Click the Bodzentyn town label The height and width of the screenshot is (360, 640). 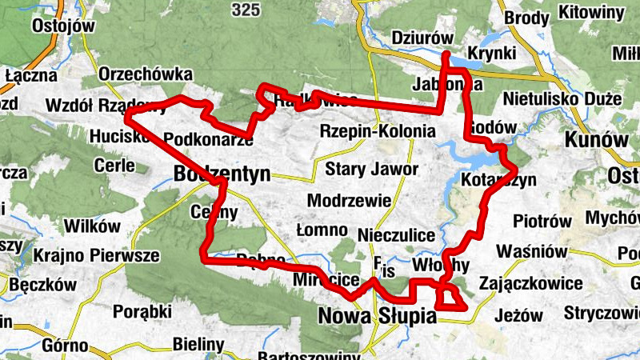[x=222, y=173]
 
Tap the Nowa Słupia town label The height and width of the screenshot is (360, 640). [x=378, y=317]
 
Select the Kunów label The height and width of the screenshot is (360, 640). [x=596, y=139]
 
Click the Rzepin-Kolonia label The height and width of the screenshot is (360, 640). [x=378, y=130]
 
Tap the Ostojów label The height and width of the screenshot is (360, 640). [x=63, y=26]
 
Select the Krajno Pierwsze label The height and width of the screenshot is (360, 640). [x=97, y=256]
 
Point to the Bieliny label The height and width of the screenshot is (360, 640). [x=198, y=344]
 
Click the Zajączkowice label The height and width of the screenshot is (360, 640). [x=530, y=283]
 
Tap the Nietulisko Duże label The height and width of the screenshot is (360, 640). [x=563, y=99]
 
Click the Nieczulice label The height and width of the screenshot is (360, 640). [x=397, y=235]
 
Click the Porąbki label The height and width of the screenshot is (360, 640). [x=143, y=310]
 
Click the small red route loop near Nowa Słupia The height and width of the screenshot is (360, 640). [x=450, y=298]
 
